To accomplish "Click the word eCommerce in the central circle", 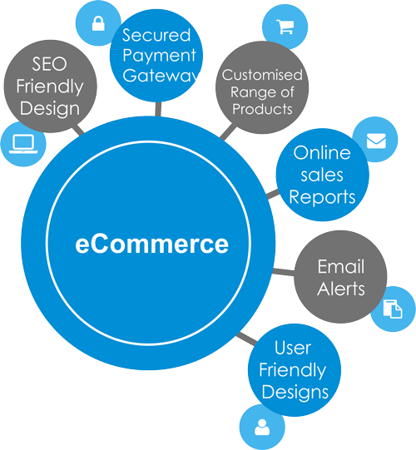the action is (151, 244).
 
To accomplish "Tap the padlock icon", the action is (98, 23).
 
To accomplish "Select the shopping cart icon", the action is (285, 27).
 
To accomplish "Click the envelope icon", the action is (376, 141).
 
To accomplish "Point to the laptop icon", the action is (23, 144).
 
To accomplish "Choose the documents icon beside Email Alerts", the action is (393, 309).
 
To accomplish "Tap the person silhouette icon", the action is (262, 427).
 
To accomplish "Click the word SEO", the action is (49, 64).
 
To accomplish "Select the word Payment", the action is (160, 55).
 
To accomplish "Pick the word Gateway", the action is (161, 75).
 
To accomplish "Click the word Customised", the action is (262, 75).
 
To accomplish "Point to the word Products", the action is (262, 109).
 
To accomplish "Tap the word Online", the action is (322, 152).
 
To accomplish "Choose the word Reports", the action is (322, 198).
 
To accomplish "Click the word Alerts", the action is (341, 289).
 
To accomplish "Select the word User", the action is (293, 348).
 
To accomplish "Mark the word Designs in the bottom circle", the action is (295, 393).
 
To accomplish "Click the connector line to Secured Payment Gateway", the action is (158, 109).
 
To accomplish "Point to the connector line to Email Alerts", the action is (284, 271).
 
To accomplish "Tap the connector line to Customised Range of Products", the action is (228, 131).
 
